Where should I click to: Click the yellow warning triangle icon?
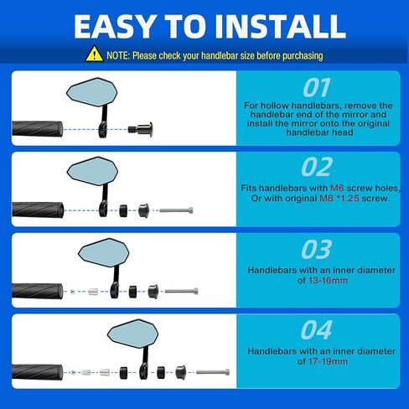pos(94,54)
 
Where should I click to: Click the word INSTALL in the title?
pos(280,27)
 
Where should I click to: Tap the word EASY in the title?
pos(115,27)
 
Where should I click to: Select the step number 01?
pos(317,88)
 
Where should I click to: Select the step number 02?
pos(317,167)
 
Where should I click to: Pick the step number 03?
pos(317,249)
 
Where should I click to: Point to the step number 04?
pos(316,330)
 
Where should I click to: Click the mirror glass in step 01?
pos(92,92)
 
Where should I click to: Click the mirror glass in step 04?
pos(133,334)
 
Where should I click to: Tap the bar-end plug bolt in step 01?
pos(141,129)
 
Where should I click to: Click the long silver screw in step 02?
pos(176,210)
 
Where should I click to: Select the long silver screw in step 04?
pos(213,372)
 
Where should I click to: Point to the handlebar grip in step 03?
pos(38,291)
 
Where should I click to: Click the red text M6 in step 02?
pos(337,188)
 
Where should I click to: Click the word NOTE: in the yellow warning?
pos(118,55)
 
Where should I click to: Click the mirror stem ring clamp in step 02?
pos(103,209)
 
